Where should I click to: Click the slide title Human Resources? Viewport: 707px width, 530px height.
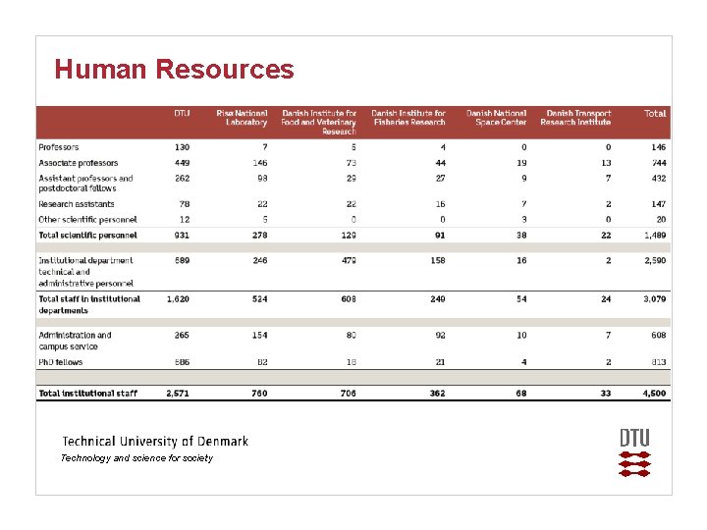click(x=174, y=70)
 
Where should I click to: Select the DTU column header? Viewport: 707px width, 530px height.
click(x=182, y=114)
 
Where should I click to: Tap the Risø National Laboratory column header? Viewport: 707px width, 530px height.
click(x=242, y=118)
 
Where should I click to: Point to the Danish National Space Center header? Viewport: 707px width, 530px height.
click(x=496, y=118)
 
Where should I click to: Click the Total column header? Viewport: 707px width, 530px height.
click(x=654, y=114)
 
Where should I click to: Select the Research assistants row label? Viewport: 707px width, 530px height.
click(x=77, y=204)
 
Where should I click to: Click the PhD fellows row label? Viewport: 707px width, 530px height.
click(x=61, y=362)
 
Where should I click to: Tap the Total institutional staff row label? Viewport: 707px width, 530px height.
click(x=87, y=394)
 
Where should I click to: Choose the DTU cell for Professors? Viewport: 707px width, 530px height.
click(x=183, y=147)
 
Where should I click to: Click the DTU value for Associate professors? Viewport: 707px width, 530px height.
click(x=183, y=163)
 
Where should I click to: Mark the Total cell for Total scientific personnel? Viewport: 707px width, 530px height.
click(x=654, y=236)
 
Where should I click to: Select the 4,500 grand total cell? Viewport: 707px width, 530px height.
click(x=654, y=394)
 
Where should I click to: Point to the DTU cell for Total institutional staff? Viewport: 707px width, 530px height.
click(x=179, y=394)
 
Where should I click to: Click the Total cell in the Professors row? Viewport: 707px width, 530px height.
click(x=657, y=147)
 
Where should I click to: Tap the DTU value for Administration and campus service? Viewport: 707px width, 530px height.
click(x=181, y=336)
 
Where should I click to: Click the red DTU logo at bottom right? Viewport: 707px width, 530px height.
click(x=634, y=452)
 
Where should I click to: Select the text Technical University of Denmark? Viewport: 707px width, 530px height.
click(x=155, y=442)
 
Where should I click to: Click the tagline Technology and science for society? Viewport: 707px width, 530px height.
click(x=136, y=458)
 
